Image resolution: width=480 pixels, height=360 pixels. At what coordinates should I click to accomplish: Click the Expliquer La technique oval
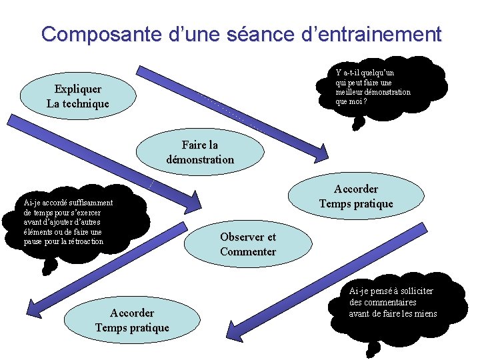78,96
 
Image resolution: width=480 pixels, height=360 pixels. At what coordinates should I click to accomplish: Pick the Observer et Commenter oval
247,244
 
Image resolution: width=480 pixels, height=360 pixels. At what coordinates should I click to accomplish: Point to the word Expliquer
78,89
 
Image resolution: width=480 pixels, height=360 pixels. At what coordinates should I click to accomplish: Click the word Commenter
248,251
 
